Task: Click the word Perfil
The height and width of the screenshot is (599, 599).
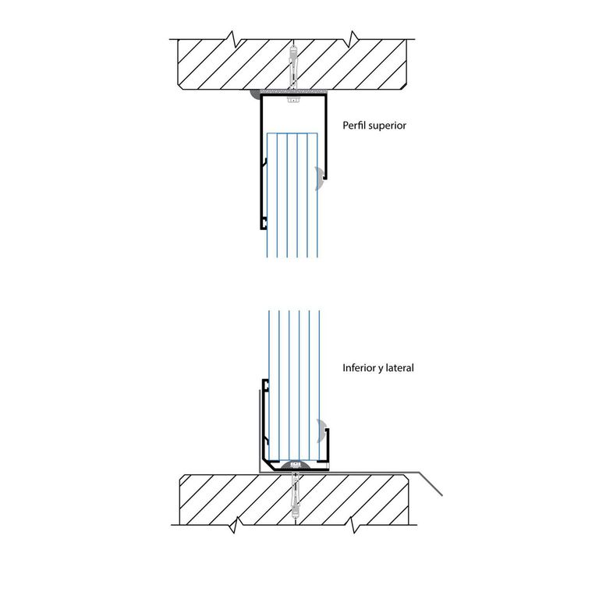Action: (x=354, y=126)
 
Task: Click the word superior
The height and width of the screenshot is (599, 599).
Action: (x=387, y=126)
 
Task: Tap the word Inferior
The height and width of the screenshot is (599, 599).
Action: (x=359, y=368)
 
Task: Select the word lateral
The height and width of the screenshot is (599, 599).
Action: (x=399, y=368)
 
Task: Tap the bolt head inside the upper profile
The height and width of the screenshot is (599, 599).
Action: (x=293, y=100)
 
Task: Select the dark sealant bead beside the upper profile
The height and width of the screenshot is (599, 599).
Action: (x=255, y=94)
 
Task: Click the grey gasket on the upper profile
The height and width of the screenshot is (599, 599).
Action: (x=320, y=178)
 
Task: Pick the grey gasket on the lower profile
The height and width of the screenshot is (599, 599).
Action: (x=321, y=431)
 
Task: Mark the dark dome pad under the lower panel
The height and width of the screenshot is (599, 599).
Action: (x=296, y=466)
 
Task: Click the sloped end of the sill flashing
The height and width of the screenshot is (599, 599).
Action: (x=431, y=484)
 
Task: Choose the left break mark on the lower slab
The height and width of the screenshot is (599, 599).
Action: (x=234, y=525)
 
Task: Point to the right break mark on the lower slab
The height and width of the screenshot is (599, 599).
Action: (x=355, y=525)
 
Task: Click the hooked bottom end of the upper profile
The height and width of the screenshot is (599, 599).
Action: (x=263, y=224)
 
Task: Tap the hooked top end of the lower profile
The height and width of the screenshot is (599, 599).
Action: (x=265, y=385)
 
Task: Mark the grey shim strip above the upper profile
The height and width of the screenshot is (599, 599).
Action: (x=294, y=92)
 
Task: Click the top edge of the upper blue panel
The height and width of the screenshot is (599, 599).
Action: (x=292, y=133)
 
